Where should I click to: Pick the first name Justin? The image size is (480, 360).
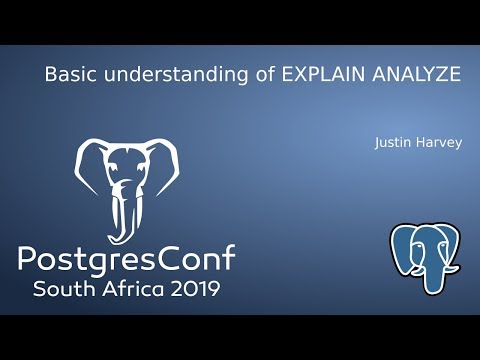click(391, 142)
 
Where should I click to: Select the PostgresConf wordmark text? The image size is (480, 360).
click(126, 260)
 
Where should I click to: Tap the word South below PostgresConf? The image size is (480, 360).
click(68, 290)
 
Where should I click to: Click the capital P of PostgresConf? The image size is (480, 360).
click(28, 260)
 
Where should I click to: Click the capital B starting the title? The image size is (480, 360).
click(50, 74)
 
